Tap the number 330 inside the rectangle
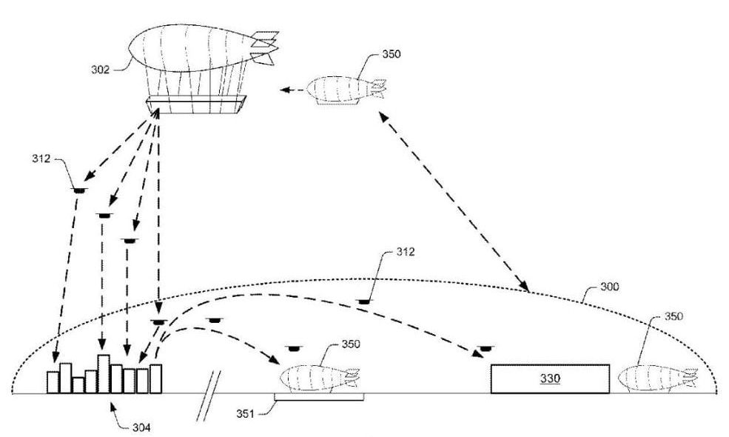(549, 378)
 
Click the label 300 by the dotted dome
(611, 286)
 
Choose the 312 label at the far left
(41, 158)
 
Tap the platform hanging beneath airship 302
(196, 104)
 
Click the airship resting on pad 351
(318, 379)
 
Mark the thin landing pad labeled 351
(318, 398)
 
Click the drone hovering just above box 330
(486, 347)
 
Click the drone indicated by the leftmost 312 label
(78, 190)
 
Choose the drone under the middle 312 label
(363, 301)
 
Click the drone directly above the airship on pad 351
(295, 347)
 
